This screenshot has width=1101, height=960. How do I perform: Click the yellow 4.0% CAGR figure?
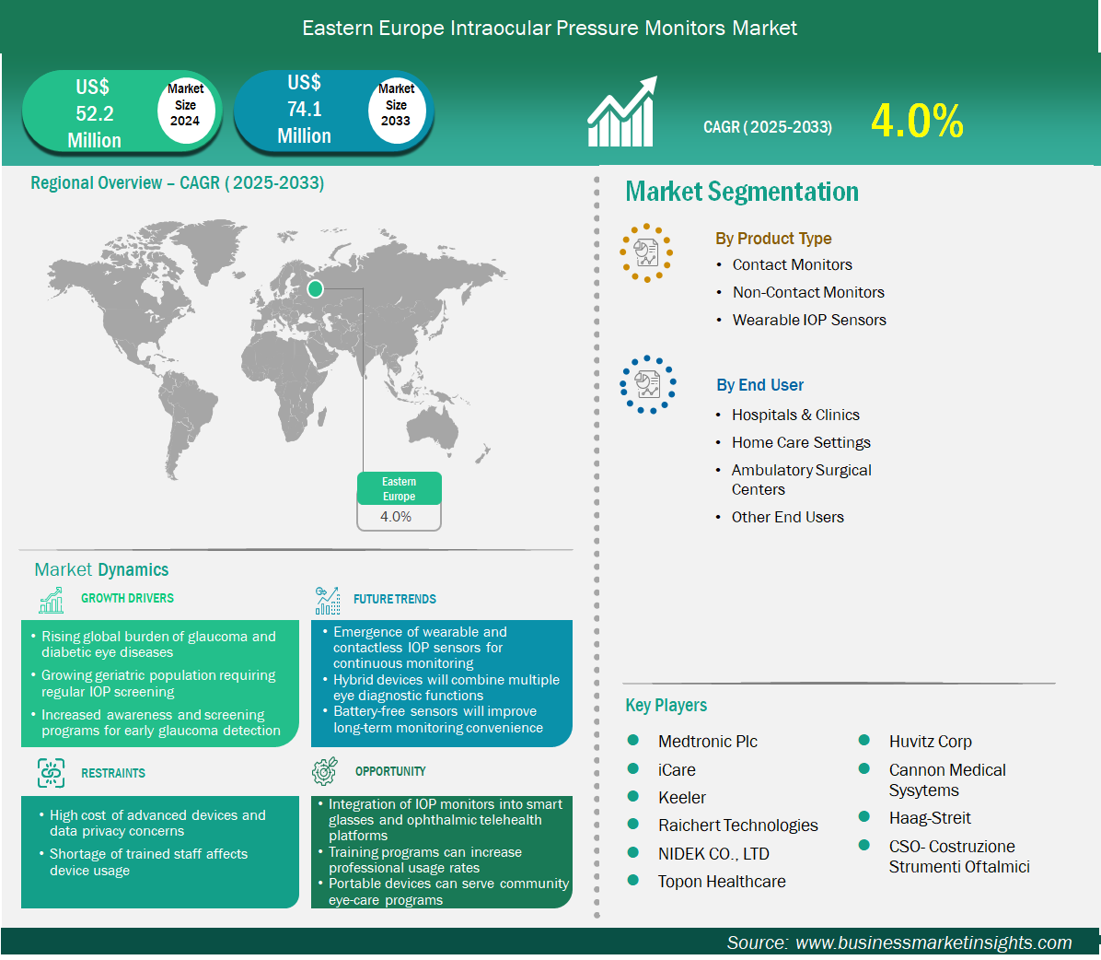(x=917, y=121)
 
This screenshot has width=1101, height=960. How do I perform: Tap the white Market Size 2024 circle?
(x=185, y=106)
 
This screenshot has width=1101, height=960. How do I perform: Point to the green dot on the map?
(x=315, y=288)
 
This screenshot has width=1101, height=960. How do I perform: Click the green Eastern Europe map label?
(x=399, y=488)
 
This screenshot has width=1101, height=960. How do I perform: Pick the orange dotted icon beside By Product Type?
(x=646, y=253)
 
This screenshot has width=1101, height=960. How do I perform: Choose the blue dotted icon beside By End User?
(x=647, y=384)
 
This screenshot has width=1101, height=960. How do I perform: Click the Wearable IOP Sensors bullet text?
(x=809, y=320)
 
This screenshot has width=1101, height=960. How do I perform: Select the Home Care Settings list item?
(x=801, y=442)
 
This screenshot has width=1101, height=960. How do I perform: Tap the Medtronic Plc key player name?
(x=708, y=742)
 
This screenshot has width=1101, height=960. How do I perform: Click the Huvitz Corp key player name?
(x=931, y=742)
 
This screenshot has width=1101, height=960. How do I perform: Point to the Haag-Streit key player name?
(x=930, y=818)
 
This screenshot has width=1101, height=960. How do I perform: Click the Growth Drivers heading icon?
(x=52, y=600)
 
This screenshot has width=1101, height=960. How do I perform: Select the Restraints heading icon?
(x=51, y=773)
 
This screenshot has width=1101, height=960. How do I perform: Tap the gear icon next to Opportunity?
(x=324, y=771)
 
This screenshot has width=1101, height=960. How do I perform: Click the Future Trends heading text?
(x=395, y=599)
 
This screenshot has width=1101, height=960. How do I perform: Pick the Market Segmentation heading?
(x=742, y=191)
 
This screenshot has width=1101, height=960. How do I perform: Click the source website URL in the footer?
(x=933, y=942)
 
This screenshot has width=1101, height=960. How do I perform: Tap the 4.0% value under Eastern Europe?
(x=396, y=517)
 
